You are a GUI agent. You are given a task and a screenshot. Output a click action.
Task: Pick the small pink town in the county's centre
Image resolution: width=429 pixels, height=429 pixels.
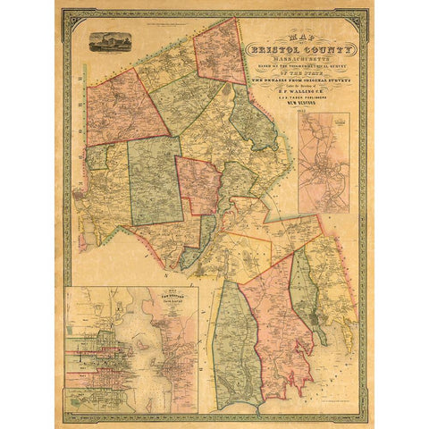[198, 184]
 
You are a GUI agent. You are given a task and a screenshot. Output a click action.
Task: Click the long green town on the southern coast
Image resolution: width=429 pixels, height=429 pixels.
[237, 349]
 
